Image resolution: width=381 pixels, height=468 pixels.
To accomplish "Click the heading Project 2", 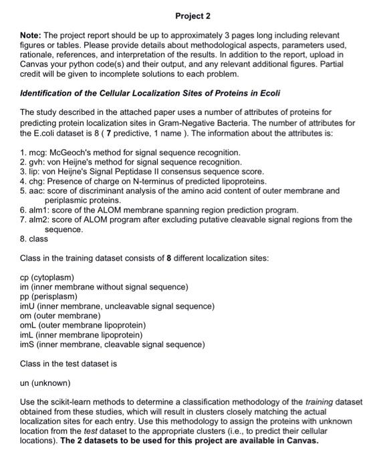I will point(192,15).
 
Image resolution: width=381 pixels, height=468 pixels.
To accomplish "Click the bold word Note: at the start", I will point(31,34).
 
